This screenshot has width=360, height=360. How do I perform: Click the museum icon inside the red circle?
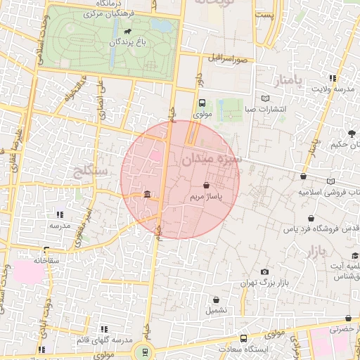click(x=146, y=194)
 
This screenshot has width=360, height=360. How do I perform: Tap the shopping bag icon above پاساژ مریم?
click(x=205, y=186)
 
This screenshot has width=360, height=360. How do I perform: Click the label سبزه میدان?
click(x=212, y=160)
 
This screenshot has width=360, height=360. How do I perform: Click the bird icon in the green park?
click(x=127, y=32)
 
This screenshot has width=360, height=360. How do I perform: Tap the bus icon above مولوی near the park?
click(x=202, y=103)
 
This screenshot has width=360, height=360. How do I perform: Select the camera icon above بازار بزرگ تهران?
click(x=264, y=271)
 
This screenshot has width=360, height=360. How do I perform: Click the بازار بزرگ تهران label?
click(x=264, y=282)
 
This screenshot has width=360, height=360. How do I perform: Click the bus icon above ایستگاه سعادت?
click(x=243, y=338)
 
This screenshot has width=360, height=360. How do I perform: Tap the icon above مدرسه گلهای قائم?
click(x=104, y=329)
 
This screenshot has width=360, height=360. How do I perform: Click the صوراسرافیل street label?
click(x=229, y=60)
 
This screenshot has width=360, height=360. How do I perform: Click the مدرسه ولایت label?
click(x=333, y=89)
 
